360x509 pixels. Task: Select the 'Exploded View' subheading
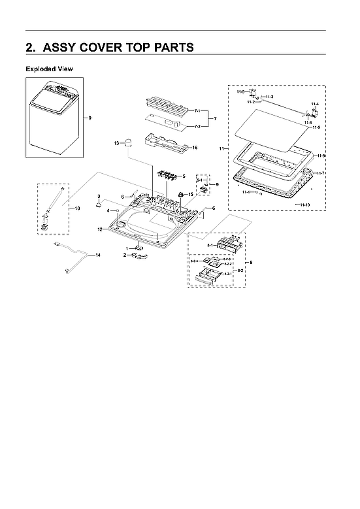pyautogui.click(x=49, y=69)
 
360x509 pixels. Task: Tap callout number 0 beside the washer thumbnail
pyautogui.click(x=90, y=118)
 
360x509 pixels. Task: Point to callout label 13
pyautogui.click(x=117, y=142)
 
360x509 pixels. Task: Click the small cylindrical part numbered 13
pyautogui.click(x=129, y=142)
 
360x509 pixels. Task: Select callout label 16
pyautogui.click(x=194, y=148)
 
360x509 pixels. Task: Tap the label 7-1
pyautogui.click(x=197, y=111)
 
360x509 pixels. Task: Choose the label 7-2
pyautogui.click(x=197, y=126)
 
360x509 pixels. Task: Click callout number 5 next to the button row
pyautogui.click(x=184, y=176)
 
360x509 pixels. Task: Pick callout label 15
pyautogui.click(x=191, y=194)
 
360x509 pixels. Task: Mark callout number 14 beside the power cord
pyautogui.click(x=97, y=254)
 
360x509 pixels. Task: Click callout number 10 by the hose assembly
pyautogui.click(x=76, y=208)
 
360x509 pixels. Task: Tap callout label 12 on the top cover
pyautogui.click(x=100, y=229)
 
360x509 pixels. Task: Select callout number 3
pyautogui.click(x=98, y=196)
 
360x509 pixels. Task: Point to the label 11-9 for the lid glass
pyautogui.click(x=316, y=127)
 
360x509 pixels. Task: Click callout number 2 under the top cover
pyautogui.click(x=125, y=255)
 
